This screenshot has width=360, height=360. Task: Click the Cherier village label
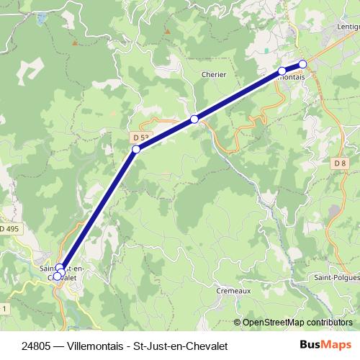coord(214,74)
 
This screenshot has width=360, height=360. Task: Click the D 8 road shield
coord(340,163)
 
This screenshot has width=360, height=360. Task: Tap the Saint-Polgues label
coord(336,276)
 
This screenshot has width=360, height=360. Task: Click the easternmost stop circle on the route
coord(303,63)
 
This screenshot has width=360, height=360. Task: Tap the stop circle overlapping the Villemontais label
coord(282,71)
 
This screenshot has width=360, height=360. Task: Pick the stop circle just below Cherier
coord(194,119)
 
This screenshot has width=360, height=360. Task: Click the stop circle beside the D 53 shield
coord(135,150)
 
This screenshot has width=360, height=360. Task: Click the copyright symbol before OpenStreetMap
coord(237,322)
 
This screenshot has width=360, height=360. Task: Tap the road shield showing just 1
coord(4,307)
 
